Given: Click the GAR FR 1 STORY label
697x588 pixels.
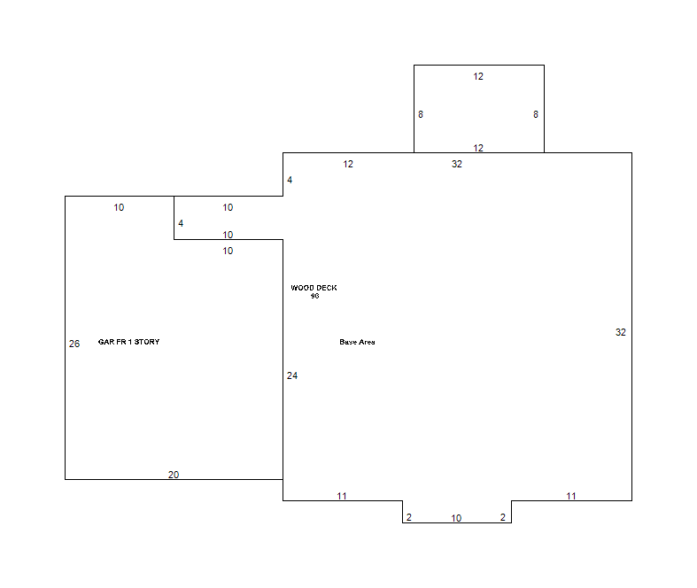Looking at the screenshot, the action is click(x=129, y=342).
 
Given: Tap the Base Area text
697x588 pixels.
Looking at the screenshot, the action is click(x=358, y=342).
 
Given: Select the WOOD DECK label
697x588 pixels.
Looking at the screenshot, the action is click(x=314, y=288).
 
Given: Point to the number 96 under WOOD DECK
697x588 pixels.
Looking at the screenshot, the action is click(x=314, y=296).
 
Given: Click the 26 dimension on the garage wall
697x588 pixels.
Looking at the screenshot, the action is click(x=74, y=344).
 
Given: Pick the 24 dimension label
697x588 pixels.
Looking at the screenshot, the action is click(x=292, y=375).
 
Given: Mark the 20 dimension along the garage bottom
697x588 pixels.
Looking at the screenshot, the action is click(x=174, y=475).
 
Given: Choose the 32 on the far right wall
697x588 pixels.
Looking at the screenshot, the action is click(x=621, y=332).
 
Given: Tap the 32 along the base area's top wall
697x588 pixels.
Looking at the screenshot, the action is click(x=456, y=164).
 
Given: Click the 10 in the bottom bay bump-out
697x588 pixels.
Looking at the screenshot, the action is click(x=456, y=518).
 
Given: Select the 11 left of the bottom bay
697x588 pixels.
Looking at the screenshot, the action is click(x=341, y=496).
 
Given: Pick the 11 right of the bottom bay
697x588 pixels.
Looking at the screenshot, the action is click(x=571, y=496).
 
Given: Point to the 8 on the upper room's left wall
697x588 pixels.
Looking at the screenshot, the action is click(x=421, y=114).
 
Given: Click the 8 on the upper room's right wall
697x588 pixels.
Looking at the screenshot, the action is click(x=536, y=114).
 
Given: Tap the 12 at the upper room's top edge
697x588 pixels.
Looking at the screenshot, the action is click(x=478, y=76).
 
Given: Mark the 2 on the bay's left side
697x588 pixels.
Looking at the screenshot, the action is click(x=409, y=517).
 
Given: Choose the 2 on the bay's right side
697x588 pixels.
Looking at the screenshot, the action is click(x=503, y=517).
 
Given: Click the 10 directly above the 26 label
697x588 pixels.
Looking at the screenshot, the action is click(x=119, y=207).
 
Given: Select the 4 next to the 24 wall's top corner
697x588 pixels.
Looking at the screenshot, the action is click(x=290, y=180).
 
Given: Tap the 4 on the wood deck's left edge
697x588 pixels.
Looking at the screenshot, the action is click(x=181, y=223).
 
